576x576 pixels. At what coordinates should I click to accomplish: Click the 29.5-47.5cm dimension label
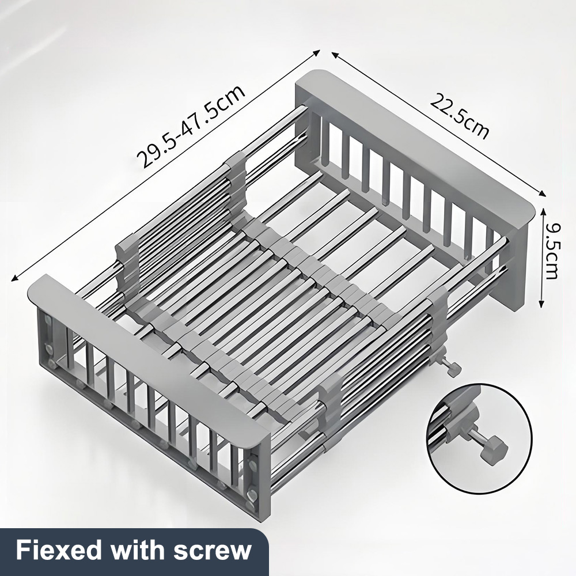pyautogui.click(x=190, y=126)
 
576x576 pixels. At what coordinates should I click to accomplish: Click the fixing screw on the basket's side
pyautogui.click(x=452, y=369)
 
